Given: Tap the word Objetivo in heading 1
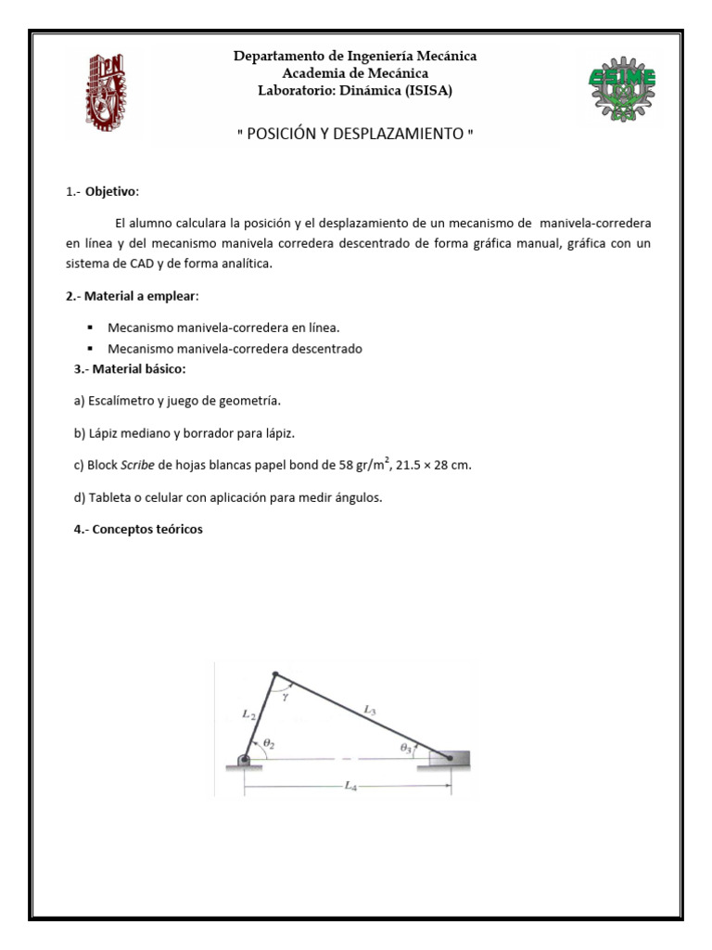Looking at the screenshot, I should pos(111,192).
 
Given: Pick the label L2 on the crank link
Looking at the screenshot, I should pos(248,714).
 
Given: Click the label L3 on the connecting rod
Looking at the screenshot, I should pos(370,710).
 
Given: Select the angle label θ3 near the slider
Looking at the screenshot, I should pos(406,747).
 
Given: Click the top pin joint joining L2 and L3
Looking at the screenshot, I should pos(274,674).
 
